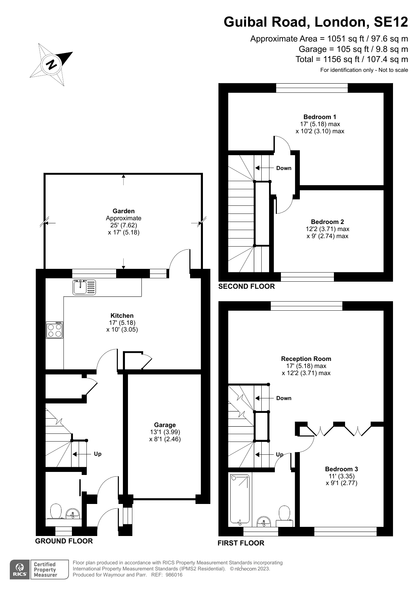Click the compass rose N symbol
point(52,64)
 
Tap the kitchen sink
point(84,287)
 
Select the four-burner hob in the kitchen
point(55,330)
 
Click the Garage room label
point(165,425)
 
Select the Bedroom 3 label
point(341,469)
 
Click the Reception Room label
point(306,359)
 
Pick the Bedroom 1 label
point(320,117)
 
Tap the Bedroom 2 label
point(327,222)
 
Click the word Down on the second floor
point(284,168)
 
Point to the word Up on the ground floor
point(98,454)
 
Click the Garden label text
point(124,211)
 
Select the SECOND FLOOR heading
point(246,286)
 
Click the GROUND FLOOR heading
point(64,541)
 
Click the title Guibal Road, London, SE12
point(316,22)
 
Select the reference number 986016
point(174,575)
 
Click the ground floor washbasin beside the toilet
point(73,514)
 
